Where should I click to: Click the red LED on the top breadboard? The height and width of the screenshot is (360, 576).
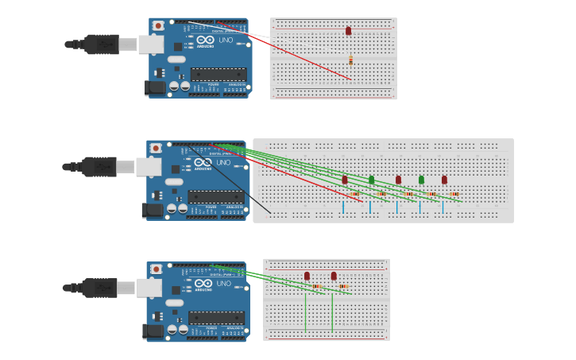[x=348, y=31]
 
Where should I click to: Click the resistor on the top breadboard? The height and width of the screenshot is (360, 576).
[x=350, y=60]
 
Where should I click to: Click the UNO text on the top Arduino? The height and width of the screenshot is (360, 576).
[x=226, y=40]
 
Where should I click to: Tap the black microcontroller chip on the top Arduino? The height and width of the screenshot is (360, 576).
[x=218, y=74]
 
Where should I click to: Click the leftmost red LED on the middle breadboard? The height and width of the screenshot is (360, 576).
[x=345, y=180]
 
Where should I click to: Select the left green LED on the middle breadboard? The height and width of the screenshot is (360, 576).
[x=371, y=180]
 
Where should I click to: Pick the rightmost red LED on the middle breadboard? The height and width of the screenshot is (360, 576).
[x=444, y=180]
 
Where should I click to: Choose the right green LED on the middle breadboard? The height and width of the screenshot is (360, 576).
[x=421, y=180]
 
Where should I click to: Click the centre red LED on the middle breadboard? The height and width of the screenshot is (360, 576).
[x=398, y=180]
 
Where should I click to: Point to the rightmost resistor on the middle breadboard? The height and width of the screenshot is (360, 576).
[x=454, y=194]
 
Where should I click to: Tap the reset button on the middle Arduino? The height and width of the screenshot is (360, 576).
[x=156, y=149]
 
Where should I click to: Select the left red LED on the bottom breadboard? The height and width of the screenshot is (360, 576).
[x=307, y=276]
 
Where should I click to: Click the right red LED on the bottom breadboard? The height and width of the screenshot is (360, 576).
[x=334, y=276]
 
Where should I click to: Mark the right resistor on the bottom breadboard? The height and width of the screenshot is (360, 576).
[x=343, y=286]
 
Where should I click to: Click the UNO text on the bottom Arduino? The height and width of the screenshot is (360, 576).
[x=224, y=284]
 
